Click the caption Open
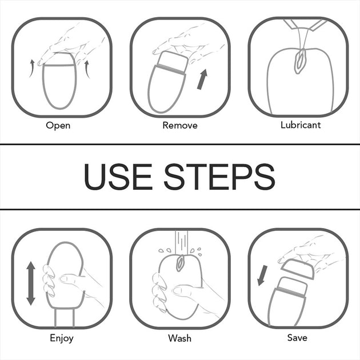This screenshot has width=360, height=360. click(58, 126)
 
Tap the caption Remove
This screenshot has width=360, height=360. click(180, 125)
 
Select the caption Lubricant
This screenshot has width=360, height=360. click(301, 125)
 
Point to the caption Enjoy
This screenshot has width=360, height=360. click(62, 338)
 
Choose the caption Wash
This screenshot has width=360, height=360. click(179, 338)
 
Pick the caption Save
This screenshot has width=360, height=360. click(297, 338)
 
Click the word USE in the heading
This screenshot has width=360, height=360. click(118, 177)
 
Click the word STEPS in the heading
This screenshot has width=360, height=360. click(219, 177)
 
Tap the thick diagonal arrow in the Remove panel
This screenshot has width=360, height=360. click(202, 79)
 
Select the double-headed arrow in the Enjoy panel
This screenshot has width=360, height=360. click(31, 283)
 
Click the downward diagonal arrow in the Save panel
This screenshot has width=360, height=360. click(262, 275)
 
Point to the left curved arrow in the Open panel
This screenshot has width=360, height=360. click(31, 69)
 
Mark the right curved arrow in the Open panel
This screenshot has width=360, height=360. click(87, 69)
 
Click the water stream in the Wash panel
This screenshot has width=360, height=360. click(181, 242)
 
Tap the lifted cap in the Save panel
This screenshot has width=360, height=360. click(298, 269)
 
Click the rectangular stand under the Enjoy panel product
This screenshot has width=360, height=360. click(65, 318)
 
